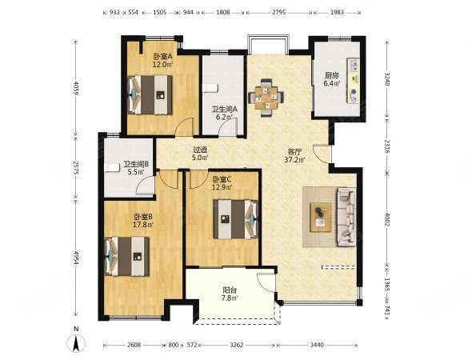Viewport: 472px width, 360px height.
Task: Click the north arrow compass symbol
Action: (x=76, y=343)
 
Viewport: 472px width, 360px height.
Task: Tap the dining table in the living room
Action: (x=266, y=98)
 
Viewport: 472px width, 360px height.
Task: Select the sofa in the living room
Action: (x=346, y=216)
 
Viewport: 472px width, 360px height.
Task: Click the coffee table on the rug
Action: (x=321, y=217)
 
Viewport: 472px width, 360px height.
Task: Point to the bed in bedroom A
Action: (x=150, y=95)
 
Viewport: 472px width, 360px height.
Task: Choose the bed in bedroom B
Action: (x=126, y=257)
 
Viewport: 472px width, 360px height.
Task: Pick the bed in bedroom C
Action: (x=236, y=219)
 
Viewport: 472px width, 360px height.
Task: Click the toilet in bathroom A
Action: (x=210, y=88)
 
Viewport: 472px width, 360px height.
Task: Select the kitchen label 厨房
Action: (x=331, y=75)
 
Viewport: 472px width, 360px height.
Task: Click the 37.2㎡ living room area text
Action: (x=295, y=160)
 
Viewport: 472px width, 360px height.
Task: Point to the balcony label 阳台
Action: (x=230, y=290)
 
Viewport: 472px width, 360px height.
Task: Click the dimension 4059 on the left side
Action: (x=75, y=88)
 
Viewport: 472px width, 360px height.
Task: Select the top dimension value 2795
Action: (x=279, y=12)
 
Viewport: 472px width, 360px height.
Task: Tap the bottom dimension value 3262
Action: (x=236, y=345)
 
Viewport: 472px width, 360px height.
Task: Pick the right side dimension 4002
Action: (x=387, y=220)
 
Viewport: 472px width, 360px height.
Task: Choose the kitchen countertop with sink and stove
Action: (x=354, y=80)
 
